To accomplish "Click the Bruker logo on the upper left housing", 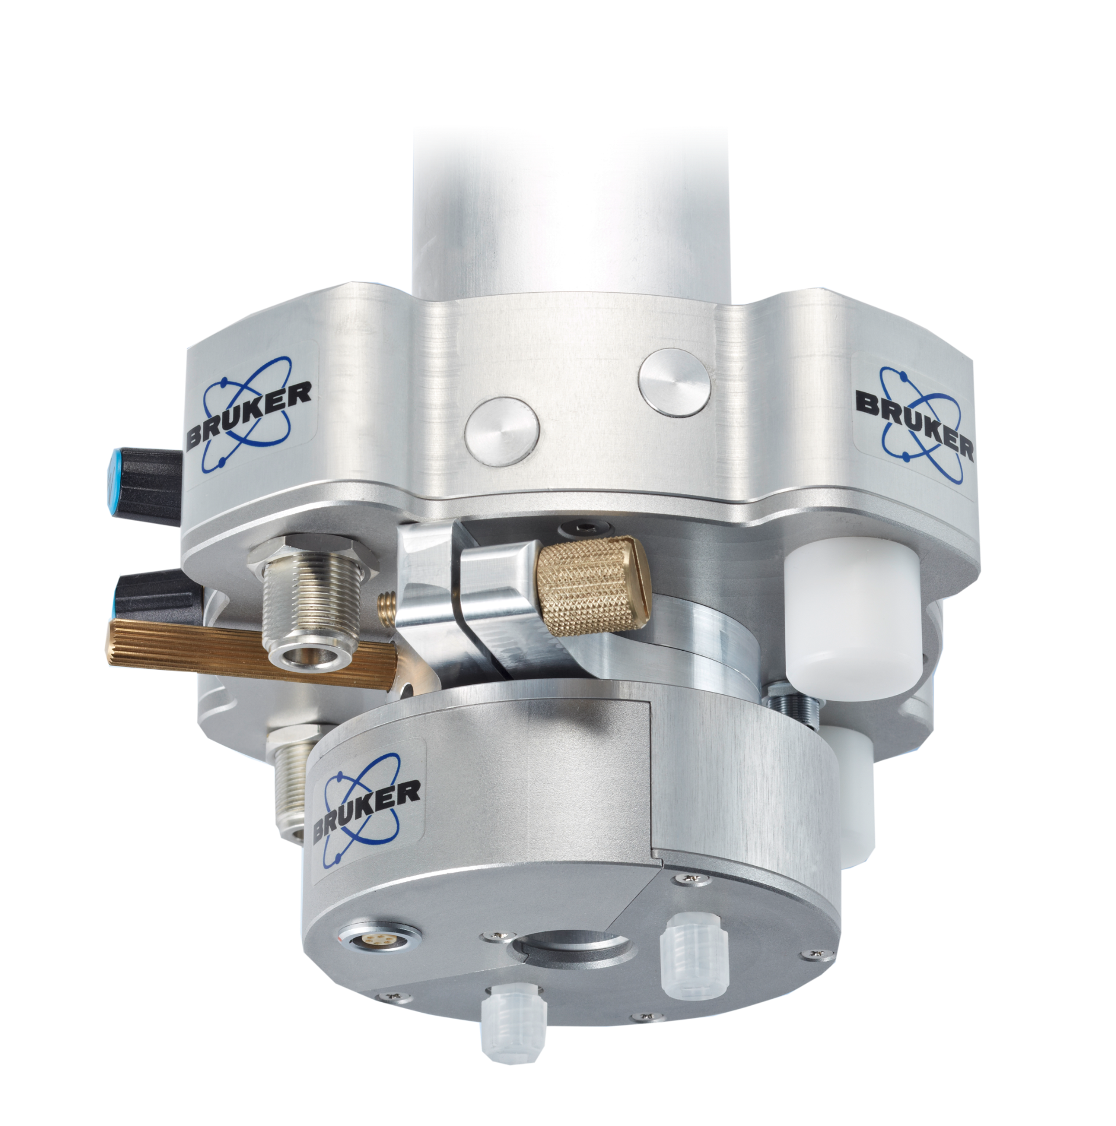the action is click(x=249, y=415).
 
